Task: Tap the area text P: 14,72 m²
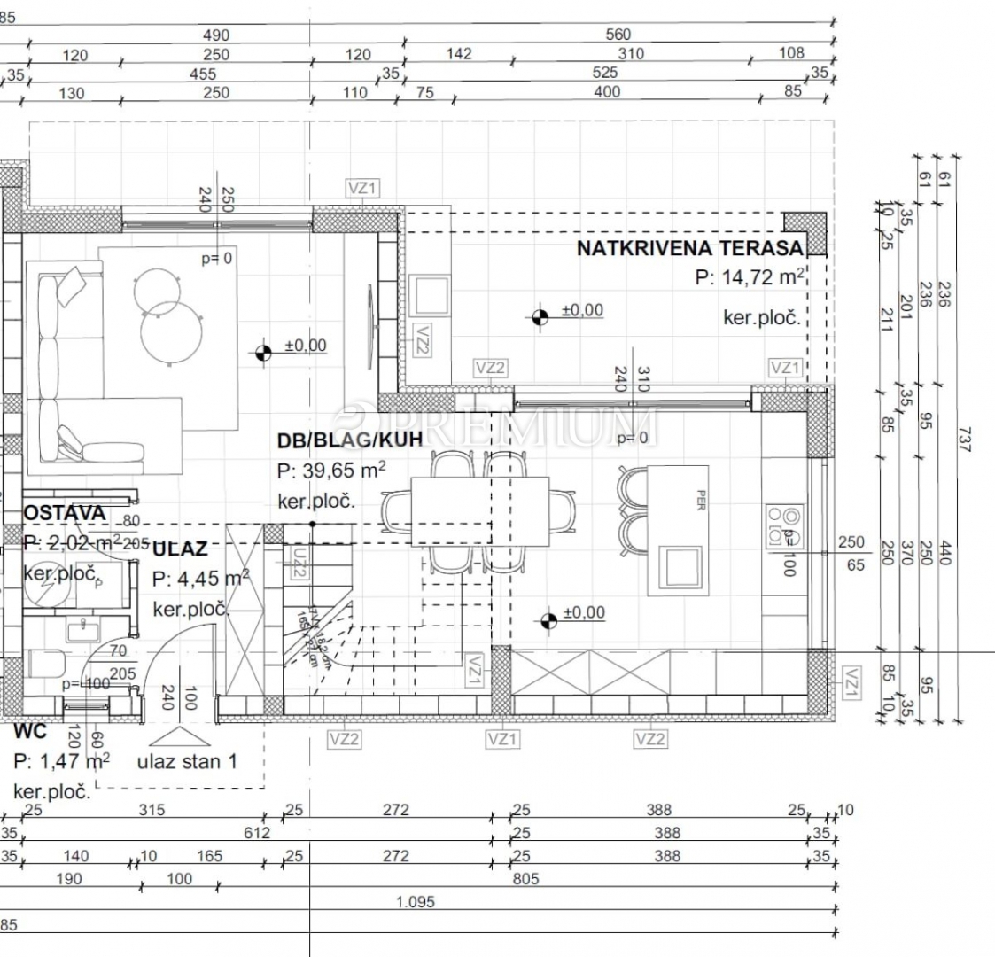750,277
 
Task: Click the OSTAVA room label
65,513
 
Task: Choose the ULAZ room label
180,549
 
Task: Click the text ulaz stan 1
187,760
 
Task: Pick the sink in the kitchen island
685,564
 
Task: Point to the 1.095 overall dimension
416,902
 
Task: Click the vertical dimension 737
964,440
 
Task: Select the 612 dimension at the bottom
257,833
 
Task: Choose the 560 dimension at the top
618,35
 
